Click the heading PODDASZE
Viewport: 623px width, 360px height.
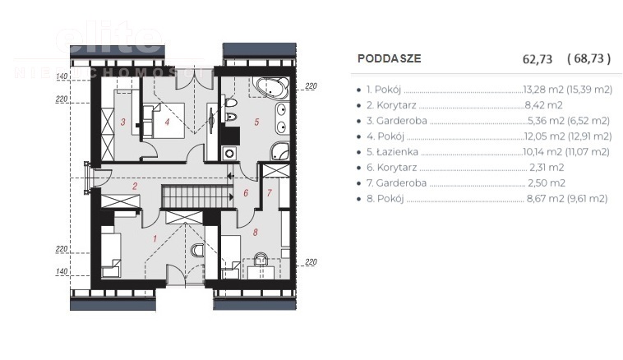pyautogui.click(x=390, y=58)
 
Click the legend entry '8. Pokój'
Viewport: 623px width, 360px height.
pyautogui.click(x=385, y=199)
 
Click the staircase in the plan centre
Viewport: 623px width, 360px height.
pyautogui.click(x=191, y=197)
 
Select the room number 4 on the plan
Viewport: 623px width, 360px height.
pyautogui.click(x=167, y=123)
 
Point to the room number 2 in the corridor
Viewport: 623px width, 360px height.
pyautogui.click(x=135, y=187)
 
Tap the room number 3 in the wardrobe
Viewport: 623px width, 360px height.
pyautogui.click(x=123, y=123)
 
